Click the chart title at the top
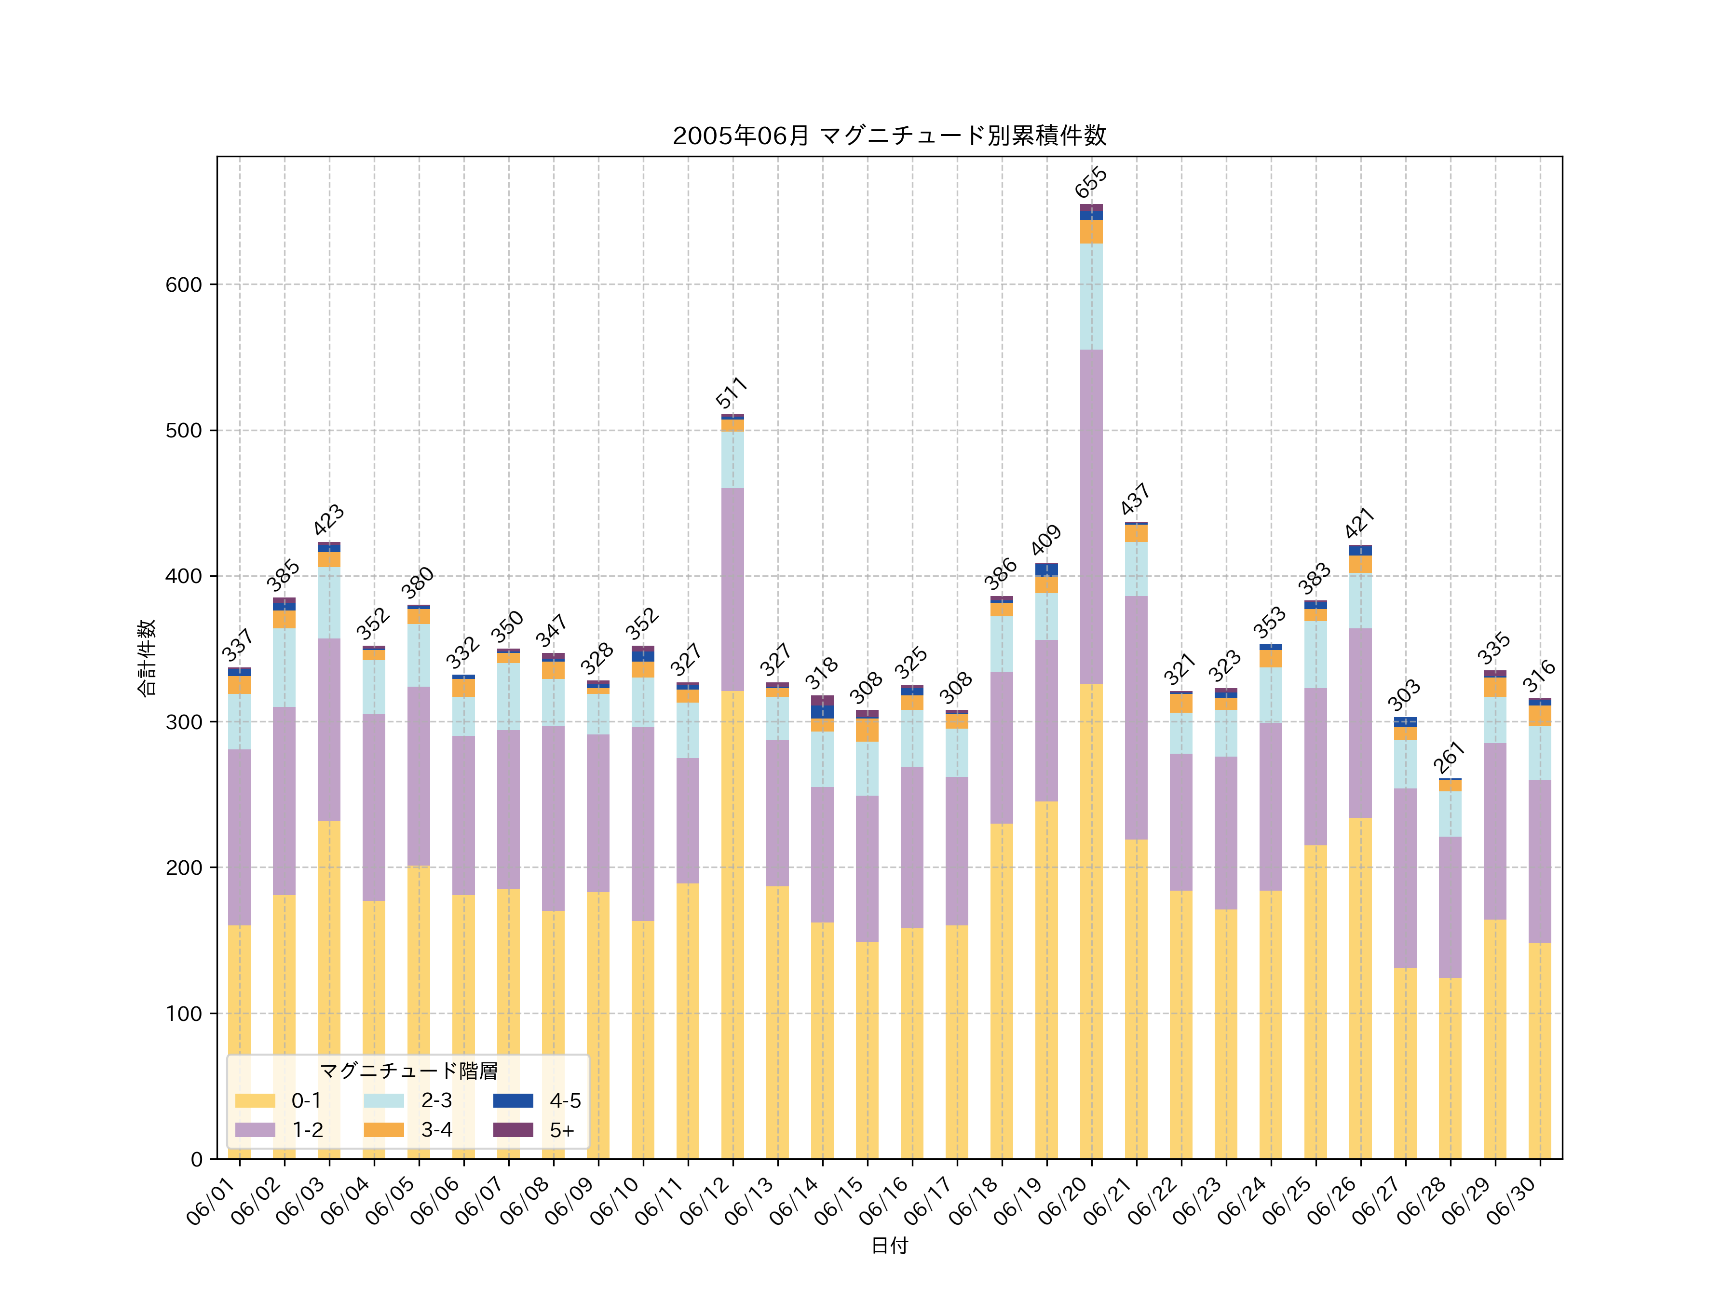tap(889, 136)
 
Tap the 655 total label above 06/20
tap(1091, 182)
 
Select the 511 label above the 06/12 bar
tap(732, 393)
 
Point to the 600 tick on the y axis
tap(184, 285)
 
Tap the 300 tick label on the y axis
tap(184, 722)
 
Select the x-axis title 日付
tap(889, 1246)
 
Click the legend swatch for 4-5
tap(513, 1100)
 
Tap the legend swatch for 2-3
tap(384, 1100)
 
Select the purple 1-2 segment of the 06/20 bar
tap(1091, 516)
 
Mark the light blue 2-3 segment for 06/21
tap(1136, 569)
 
